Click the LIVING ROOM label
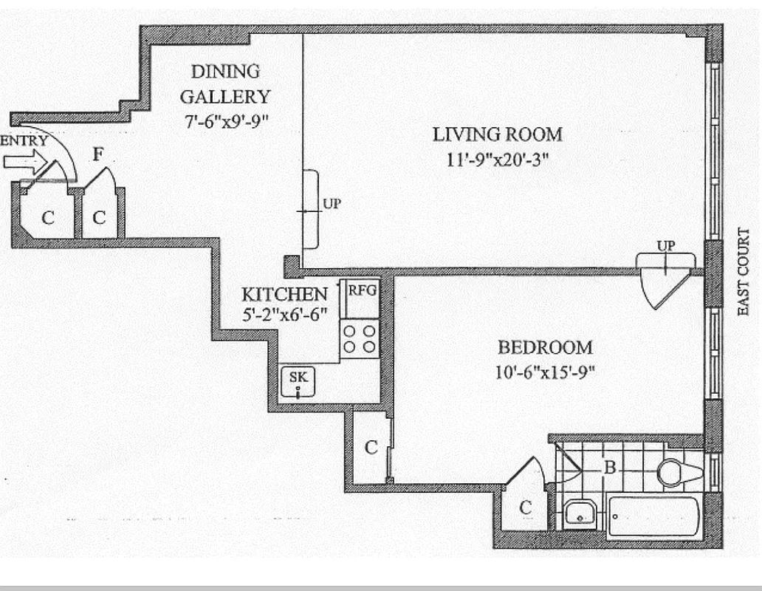[497, 134]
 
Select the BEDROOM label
[545, 347]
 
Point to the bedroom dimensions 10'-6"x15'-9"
[545, 372]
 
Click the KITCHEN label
[284, 294]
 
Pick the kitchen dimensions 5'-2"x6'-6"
[284, 315]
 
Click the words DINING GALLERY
[225, 83]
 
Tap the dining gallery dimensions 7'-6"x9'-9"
[225, 120]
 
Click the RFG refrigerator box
[362, 291]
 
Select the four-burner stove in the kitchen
[360, 339]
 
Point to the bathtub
[653, 517]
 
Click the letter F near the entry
[97, 154]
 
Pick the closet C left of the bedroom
[371, 447]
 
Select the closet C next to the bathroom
[525, 508]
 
